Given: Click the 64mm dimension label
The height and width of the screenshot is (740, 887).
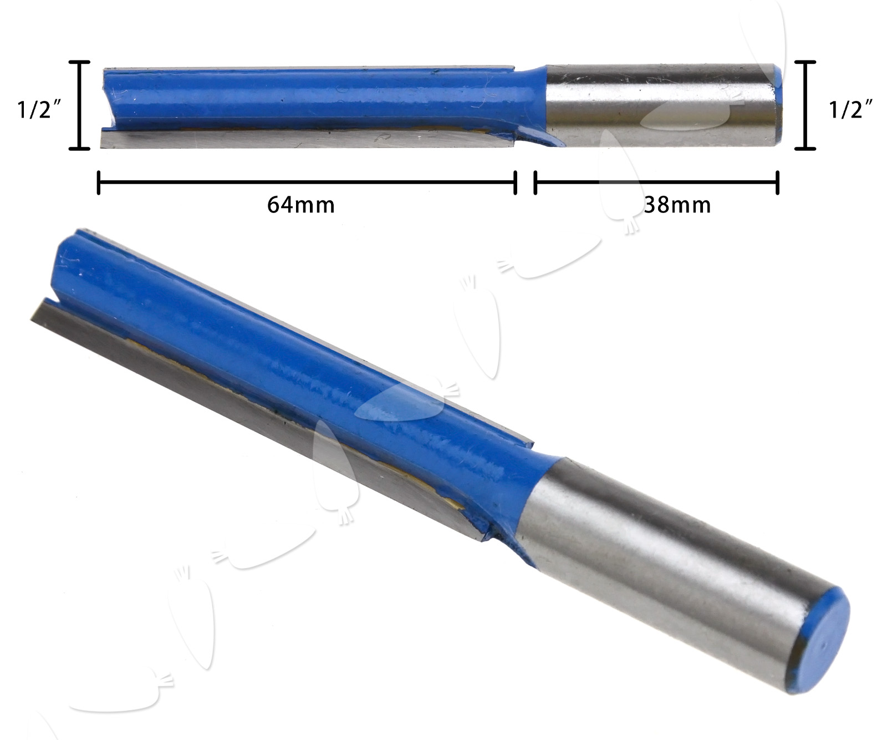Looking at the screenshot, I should pyautogui.click(x=301, y=205).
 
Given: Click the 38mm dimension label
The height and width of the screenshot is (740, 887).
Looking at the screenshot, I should pyautogui.click(x=677, y=205).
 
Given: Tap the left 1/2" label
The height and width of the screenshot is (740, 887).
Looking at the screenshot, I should pyautogui.click(x=39, y=110).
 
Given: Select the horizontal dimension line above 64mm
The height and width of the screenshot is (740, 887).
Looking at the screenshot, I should pyautogui.click(x=307, y=182).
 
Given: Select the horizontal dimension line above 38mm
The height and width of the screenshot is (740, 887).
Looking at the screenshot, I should pyautogui.click(x=656, y=182).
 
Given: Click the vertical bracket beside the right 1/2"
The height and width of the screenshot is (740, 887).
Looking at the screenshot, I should pyautogui.click(x=805, y=105).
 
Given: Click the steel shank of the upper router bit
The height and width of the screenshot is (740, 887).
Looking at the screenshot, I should pyautogui.click(x=660, y=105).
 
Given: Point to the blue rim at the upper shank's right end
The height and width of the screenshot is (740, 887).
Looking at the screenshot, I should pyautogui.click(x=779, y=105).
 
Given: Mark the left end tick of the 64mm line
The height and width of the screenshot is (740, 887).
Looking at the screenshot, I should pyautogui.click(x=99, y=183).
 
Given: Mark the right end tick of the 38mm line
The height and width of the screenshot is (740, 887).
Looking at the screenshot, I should pyautogui.click(x=777, y=183).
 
